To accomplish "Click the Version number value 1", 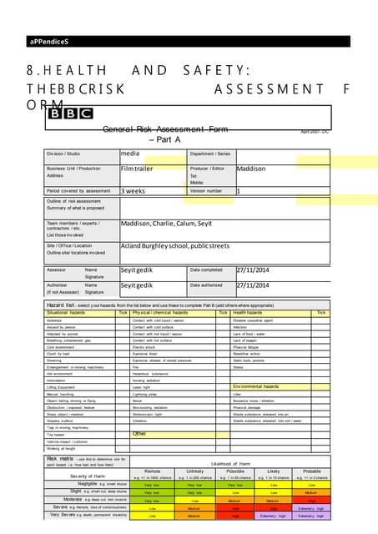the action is [239, 190].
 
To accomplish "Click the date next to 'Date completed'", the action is [256, 270].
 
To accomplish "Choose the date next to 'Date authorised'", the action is [256, 285].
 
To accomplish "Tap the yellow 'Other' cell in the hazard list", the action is [139, 434].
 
